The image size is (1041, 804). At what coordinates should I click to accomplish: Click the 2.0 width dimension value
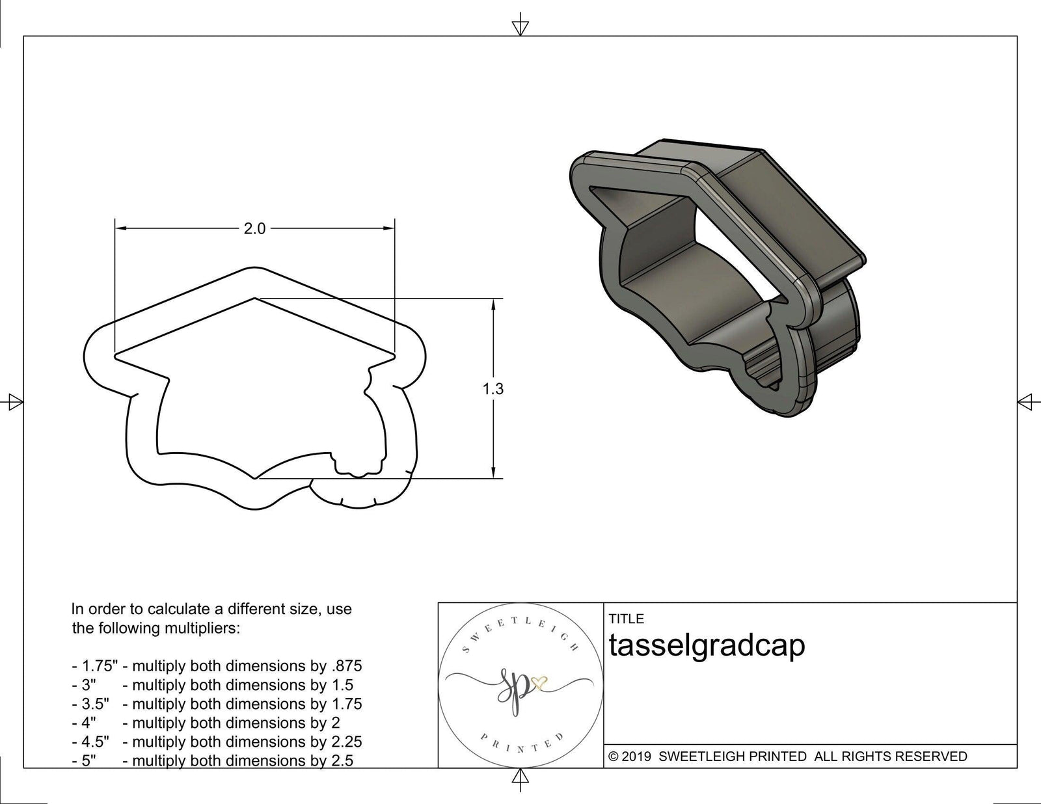tap(254, 229)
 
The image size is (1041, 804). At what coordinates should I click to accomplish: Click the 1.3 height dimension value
tap(493, 389)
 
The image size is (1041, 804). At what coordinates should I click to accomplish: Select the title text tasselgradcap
tap(707, 645)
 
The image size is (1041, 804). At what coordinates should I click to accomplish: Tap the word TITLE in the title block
tap(626, 619)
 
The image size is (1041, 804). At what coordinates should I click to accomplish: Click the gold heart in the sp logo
tap(539, 682)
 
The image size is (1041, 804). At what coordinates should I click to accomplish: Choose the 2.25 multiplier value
tap(347, 742)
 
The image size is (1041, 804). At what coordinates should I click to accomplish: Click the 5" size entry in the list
tap(88, 760)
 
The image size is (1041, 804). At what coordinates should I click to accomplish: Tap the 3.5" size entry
tap(96, 704)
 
